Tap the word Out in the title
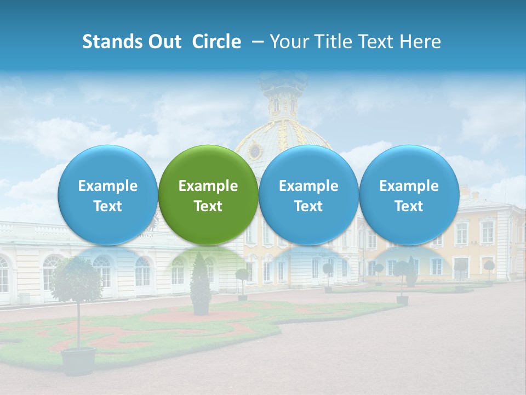click(x=165, y=42)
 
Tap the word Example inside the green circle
click(x=208, y=186)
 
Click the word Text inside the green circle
click(x=208, y=206)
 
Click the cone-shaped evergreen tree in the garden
click(x=201, y=283)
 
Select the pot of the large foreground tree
click(x=78, y=361)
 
